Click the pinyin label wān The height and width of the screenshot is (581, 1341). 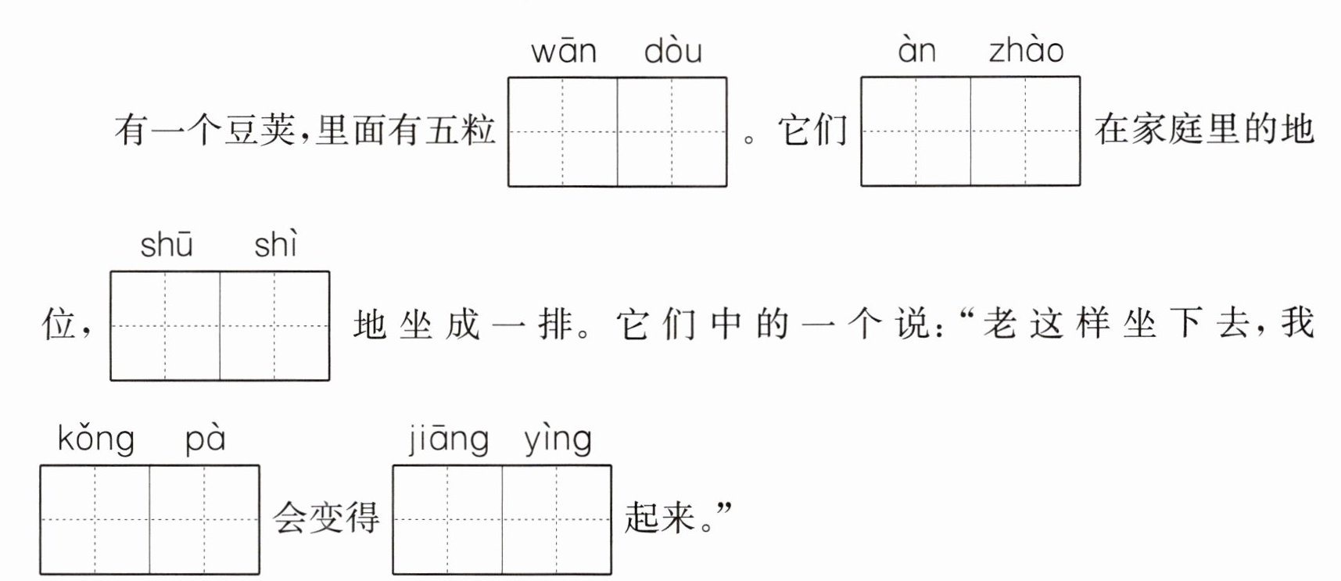pyautogui.click(x=564, y=52)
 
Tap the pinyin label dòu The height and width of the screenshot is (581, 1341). pyautogui.click(x=672, y=52)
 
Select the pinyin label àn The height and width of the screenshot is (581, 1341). pyautogui.click(x=916, y=51)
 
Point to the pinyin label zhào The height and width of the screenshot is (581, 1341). pyautogui.click(x=1026, y=51)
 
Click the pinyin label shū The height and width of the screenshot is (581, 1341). pyautogui.click(x=166, y=246)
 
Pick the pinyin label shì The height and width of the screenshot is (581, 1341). pyautogui.click(x=275, y=246)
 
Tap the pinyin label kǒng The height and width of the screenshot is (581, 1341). pyautogui.click(x=95, y=439)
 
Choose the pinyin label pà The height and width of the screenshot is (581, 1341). pyautogui.click(x=205, y=439)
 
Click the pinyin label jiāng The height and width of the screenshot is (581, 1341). pyautogui.click(x=449, y=439)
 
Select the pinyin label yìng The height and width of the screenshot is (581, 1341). pyautogui.click(x=558, y=439)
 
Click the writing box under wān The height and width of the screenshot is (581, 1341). pyautogui.click(x=563, y=131)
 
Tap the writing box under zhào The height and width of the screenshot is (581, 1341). pyautogui.click(x=1025, y=131)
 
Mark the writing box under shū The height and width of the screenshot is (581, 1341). pyautogui.click(x=165, y=325)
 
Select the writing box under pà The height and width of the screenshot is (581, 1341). pyautogui.click(x=204, y=520)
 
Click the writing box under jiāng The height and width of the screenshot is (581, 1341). pyautogui.click(x=447, y=520)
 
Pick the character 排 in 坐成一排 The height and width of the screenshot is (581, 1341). pyautogui.click(x=555, y=324)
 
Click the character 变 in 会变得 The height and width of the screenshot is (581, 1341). pyautogui.click(x=325, y=518)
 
